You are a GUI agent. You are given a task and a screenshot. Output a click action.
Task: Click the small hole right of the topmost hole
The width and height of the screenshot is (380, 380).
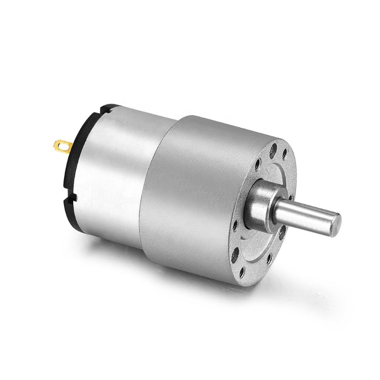[285, 152]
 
